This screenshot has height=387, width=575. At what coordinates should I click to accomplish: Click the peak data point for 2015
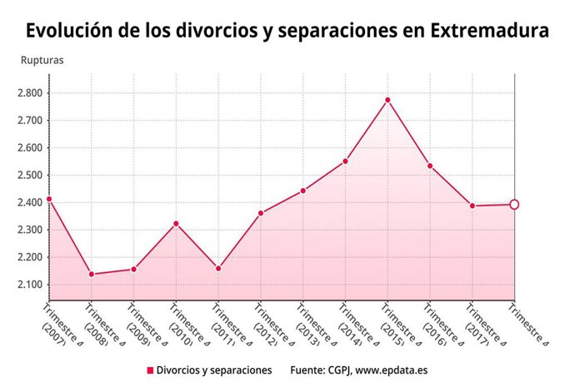[387, 100]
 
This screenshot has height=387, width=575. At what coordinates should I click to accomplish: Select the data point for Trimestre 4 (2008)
[91, 275]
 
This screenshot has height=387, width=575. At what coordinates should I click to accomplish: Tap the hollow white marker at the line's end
[514, 205]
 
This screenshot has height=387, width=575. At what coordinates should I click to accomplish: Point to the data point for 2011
[218, 269]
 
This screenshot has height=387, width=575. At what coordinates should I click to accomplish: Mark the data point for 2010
[176, 223]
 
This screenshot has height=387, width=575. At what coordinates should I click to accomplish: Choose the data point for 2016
[430, 166]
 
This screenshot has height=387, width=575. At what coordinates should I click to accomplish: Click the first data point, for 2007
[49, 199]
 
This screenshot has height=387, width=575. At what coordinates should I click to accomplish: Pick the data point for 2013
[303, 191]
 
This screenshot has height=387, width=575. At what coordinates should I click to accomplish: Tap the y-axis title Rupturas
[42, 60]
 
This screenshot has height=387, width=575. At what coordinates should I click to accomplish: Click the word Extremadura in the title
[489, 31]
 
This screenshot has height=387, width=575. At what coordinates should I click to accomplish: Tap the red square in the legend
[150, 370]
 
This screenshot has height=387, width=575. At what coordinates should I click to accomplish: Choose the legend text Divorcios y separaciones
[215, 370]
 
